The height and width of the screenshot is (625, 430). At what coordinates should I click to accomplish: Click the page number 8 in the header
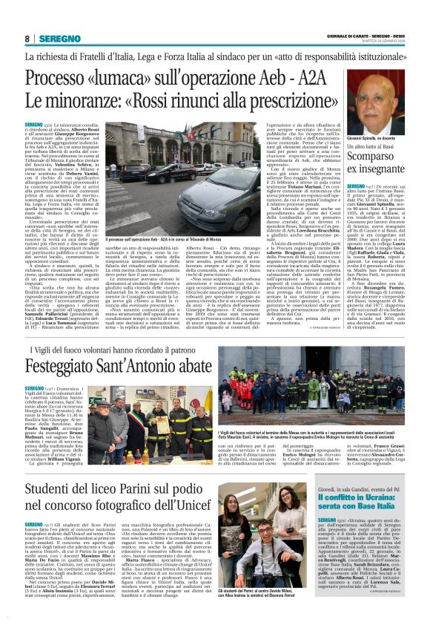pos(27,39)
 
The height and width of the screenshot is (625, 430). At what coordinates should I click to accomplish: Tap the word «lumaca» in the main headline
pos(145,79)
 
